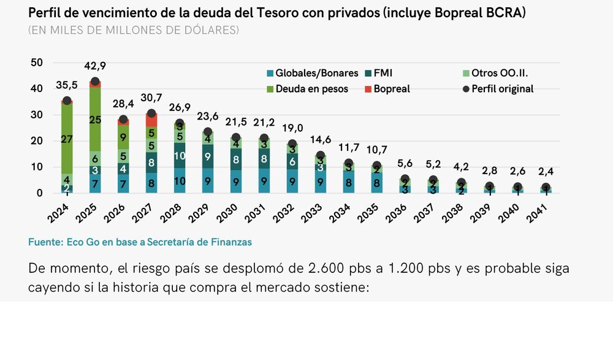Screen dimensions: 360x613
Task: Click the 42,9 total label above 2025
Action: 95,66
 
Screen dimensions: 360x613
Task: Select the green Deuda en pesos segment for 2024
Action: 67,139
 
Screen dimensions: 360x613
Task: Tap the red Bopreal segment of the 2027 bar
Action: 151,120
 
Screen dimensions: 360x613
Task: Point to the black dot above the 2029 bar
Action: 208,132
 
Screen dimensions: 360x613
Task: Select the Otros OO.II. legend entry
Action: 496,73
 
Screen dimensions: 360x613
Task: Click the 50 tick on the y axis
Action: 36,63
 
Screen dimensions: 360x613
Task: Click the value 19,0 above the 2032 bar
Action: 292,128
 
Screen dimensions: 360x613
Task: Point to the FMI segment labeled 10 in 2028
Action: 180,156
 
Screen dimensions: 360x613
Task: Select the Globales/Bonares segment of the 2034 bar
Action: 349,182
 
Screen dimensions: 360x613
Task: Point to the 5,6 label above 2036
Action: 405,164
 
